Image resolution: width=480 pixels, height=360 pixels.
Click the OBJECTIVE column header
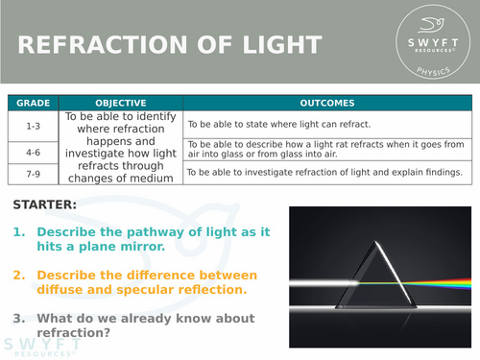120,103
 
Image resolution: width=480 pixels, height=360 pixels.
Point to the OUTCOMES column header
326,103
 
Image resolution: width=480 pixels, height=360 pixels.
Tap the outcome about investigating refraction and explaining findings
324,173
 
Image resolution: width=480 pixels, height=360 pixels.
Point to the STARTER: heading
46,204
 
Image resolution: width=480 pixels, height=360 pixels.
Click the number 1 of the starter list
18,232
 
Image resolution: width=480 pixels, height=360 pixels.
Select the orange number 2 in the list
18,275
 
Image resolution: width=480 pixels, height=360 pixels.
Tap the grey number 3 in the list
18,318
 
